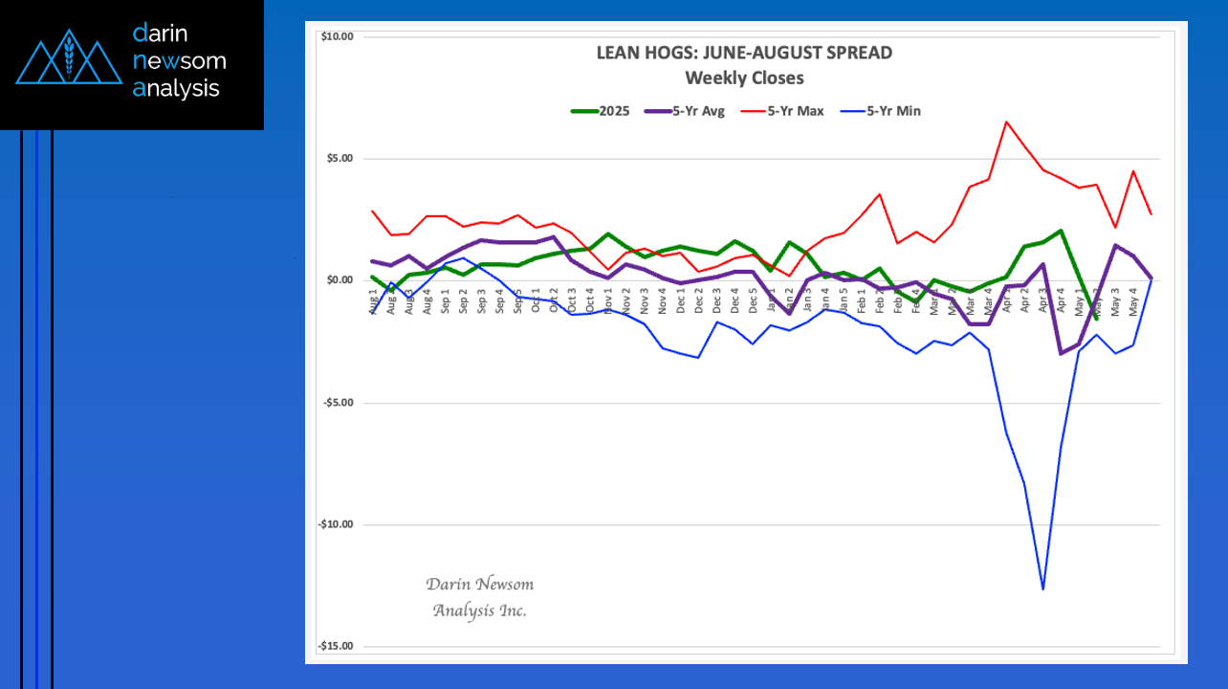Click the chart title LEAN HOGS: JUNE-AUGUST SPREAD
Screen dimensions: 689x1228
tap(744, 54)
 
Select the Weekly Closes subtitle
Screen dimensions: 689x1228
tap(744, 78)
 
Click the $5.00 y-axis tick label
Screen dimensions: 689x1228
tap(338, 158)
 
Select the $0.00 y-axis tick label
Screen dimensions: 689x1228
tap(338, 280)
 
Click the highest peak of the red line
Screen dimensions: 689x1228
tap(1006, 122)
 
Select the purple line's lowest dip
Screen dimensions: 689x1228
tap(1061, 353)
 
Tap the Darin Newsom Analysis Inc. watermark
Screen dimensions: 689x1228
tap(479, 597)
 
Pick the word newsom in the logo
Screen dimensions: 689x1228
tap(180, 61)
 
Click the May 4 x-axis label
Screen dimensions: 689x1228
tap(1134, 299)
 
